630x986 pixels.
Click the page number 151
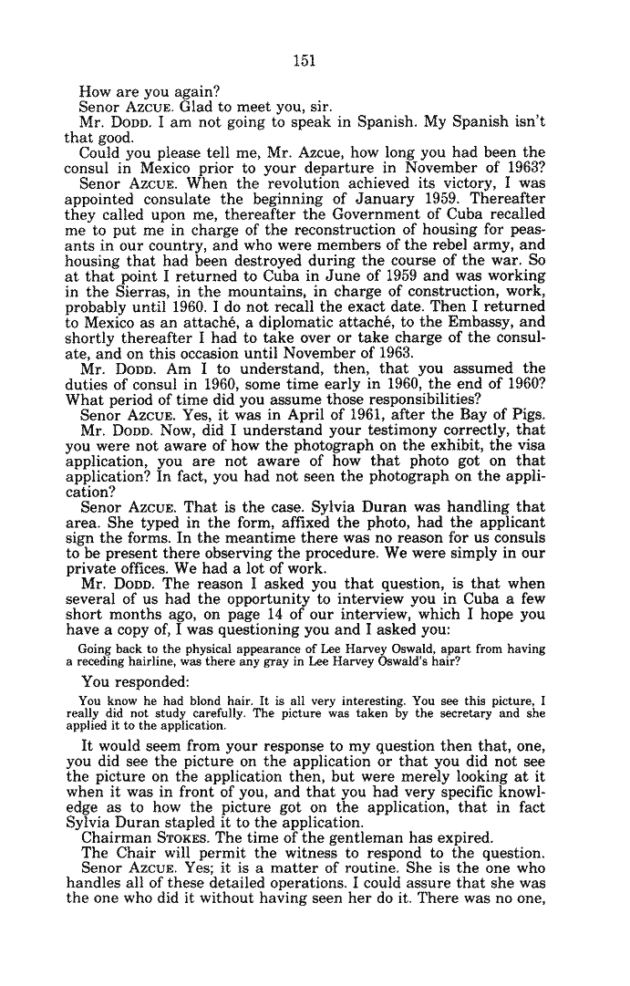click(x=303, y=61)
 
